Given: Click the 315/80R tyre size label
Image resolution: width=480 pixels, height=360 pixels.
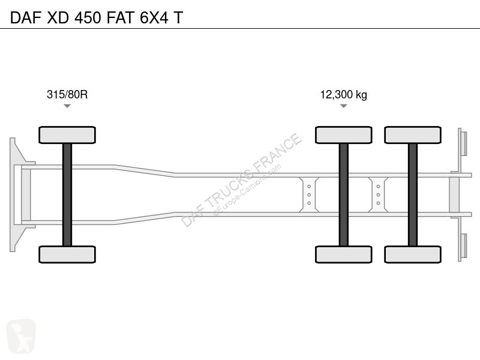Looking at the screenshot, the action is tap(67, 95).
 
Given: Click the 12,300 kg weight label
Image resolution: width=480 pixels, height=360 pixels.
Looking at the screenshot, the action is tap(343, 95).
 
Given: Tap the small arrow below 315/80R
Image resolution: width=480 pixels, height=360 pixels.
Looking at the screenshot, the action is tap(67, 106).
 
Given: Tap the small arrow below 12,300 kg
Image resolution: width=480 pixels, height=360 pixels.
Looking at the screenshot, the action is tap(343, 106).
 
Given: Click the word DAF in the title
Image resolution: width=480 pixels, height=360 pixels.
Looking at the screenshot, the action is tap(26, 17).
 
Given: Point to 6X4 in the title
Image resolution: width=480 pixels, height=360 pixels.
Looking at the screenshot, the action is tap(154, 17).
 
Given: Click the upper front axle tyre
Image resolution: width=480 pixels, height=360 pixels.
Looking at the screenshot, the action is tap(67, 135).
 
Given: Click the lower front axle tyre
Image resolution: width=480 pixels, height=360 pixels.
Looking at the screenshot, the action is tap(67, 254).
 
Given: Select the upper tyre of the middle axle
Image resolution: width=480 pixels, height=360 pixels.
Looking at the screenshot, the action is tap(343, 135).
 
